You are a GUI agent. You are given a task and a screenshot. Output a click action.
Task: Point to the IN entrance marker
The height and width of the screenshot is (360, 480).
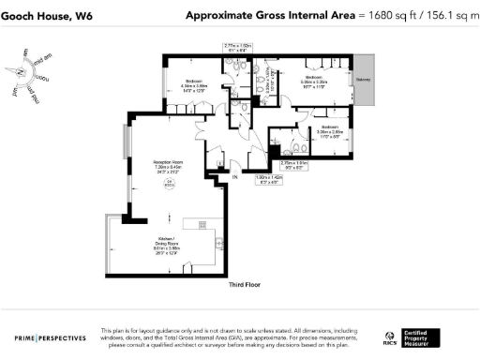click(x=235, y=176)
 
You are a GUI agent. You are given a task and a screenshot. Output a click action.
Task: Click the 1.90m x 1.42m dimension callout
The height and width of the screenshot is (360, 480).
click(x=271, y=177)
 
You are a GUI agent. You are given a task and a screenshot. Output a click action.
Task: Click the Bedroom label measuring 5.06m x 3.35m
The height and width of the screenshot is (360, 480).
click(x=313, y=80)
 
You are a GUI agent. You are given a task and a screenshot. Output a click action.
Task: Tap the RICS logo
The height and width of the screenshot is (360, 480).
click(x=390, y=337)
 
